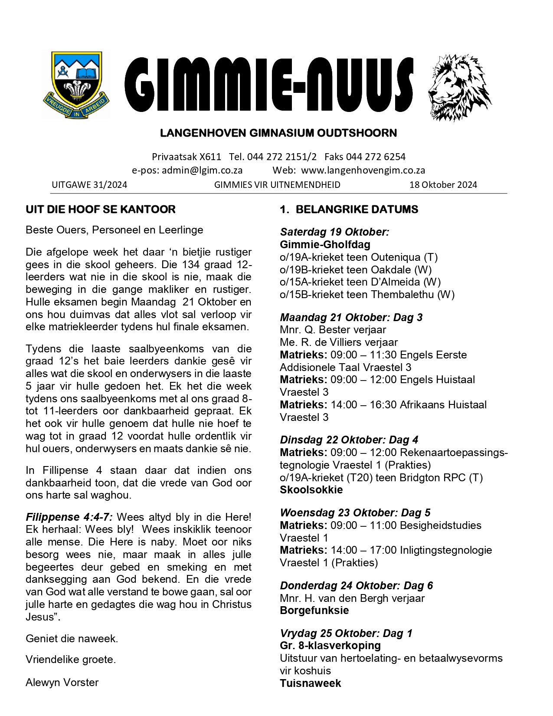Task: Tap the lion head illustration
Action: click(x=459, y=87)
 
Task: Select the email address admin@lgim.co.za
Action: click(x=202, y=171)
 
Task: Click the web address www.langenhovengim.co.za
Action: click(x=363, y=171)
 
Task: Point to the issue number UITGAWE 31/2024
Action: click(x=89, y=185)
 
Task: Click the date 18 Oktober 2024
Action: click(x=443, y=185)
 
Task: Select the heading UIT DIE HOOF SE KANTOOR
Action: click(x=101, y=210)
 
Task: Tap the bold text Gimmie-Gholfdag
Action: click(x=325, y=245)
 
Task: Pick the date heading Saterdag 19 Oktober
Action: click(x=334, y=232)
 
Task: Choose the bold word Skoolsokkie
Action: click(x=311, y=490)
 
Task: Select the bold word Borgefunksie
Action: click(x=314, y=611)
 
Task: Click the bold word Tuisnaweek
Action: click(x=310, y=683)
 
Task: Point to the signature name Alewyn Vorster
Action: click(x=62, y=683)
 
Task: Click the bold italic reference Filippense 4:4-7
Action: click(x=69, y=517)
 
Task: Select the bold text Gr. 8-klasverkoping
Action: click(x=330, y=646)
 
